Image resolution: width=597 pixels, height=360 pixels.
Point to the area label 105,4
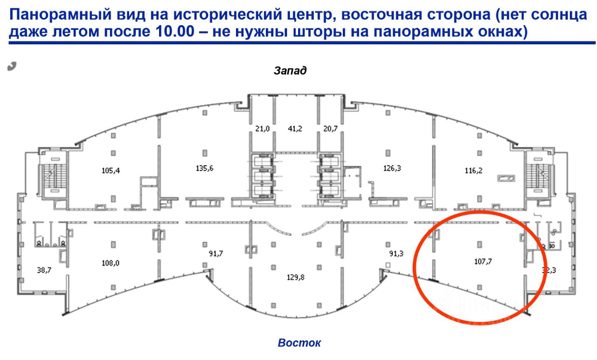point(111,170)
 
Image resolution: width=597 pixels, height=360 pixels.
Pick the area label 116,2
point(473,171)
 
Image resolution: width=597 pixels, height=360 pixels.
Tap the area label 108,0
point(111,263)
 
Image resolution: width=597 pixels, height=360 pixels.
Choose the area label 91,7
point(215,254)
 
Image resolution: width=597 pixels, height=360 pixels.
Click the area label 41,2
point(295,129)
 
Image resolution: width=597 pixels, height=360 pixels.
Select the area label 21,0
point(263,129)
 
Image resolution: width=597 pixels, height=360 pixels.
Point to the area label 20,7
point(330,129)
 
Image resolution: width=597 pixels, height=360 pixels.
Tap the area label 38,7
point(44,270)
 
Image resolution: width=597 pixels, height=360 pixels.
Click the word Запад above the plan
point(290,71)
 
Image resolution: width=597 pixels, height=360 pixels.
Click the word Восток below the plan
point(299,343)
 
